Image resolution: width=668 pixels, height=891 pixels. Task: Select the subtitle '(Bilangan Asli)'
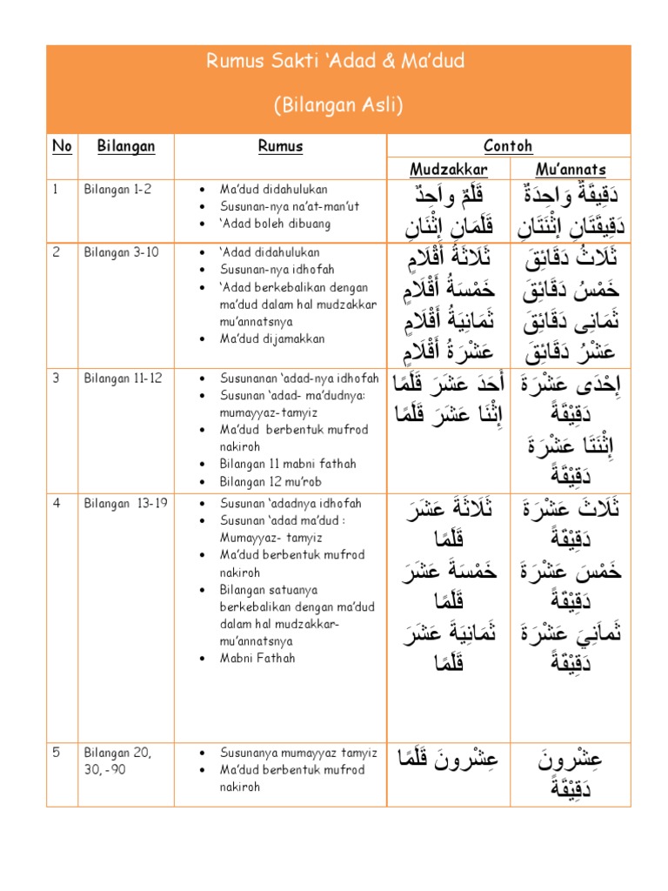tap(338, 105)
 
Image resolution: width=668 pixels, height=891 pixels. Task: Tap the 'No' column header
tap(62, 146)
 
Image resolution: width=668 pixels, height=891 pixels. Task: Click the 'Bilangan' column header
tap(125, 146)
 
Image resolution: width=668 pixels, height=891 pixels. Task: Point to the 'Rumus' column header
tap(280, 146)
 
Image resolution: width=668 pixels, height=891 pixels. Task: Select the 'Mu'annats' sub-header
tap(571, 169)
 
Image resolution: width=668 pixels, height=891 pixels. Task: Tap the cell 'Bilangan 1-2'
tap(117, 190)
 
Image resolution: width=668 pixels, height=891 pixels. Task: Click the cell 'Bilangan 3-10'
tap(120, 253)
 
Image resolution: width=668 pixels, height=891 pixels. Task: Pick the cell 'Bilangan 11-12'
tap(123, 379)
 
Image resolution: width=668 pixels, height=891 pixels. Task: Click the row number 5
tap(57, 753)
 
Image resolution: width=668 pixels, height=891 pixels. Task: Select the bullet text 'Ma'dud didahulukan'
tap(274, 190)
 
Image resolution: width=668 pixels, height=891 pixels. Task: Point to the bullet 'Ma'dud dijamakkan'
tap(271, 338)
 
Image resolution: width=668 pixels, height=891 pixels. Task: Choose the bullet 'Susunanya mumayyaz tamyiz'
tap(297, 753)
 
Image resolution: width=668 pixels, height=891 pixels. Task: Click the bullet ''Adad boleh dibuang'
tap(275, 224)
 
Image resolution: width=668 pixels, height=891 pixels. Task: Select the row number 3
tap(57, 379)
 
